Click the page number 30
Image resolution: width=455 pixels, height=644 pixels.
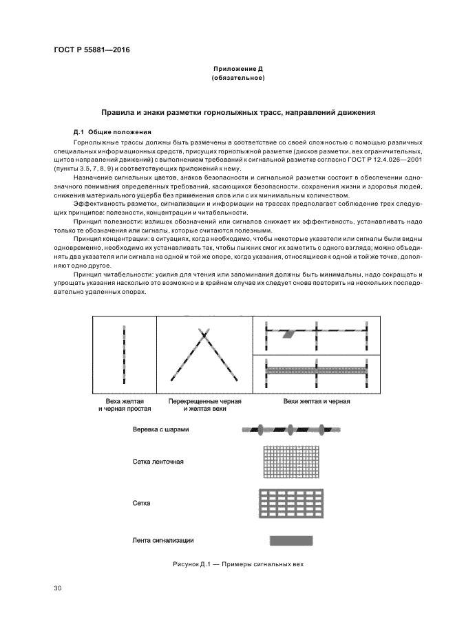(58, 588)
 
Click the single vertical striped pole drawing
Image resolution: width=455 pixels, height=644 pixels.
(124, 354)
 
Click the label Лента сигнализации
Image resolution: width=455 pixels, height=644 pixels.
(162, 540)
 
